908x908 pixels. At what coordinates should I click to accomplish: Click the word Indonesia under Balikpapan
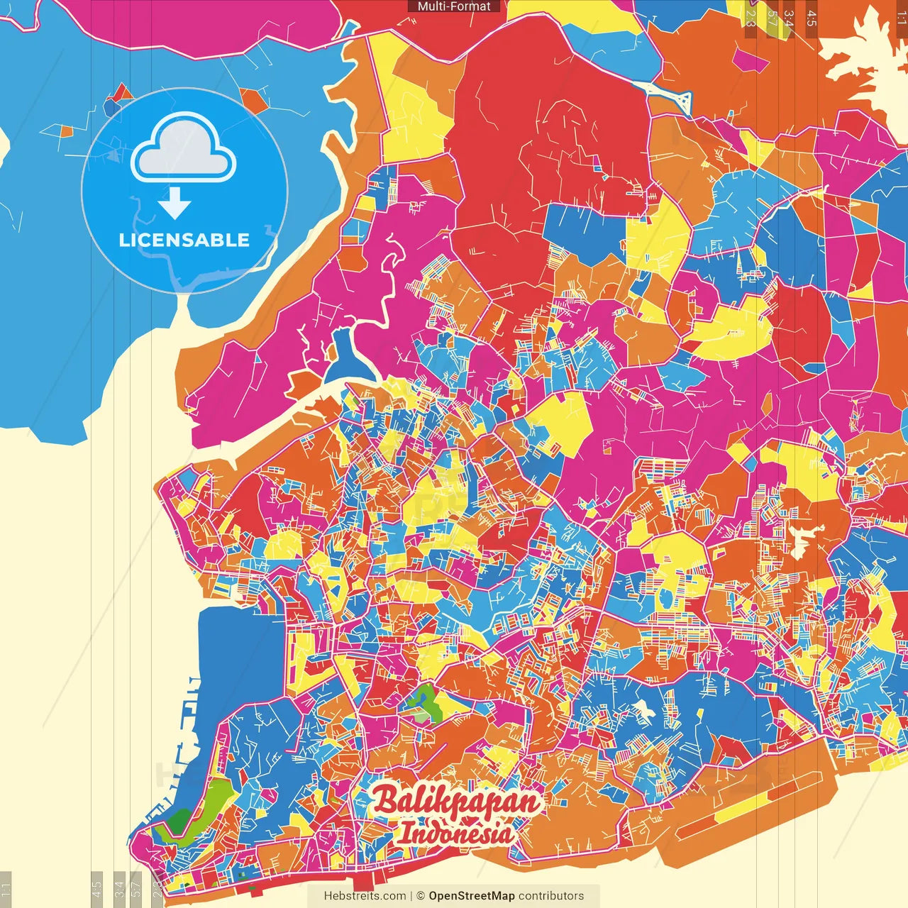[455, 833]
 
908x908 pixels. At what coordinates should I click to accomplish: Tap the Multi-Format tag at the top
[454, 6]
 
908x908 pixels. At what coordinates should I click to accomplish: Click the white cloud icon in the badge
[184, 150]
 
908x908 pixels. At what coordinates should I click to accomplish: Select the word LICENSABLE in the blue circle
[184, 240]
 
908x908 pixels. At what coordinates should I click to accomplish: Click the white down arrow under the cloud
[175, 204]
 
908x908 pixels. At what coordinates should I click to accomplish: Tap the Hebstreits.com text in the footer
[365, 896]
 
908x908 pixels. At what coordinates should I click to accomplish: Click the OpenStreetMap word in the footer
[471, 896]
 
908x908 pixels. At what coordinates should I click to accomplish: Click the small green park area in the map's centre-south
[424, 702]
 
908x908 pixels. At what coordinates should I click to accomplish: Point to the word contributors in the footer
[551, 896]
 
